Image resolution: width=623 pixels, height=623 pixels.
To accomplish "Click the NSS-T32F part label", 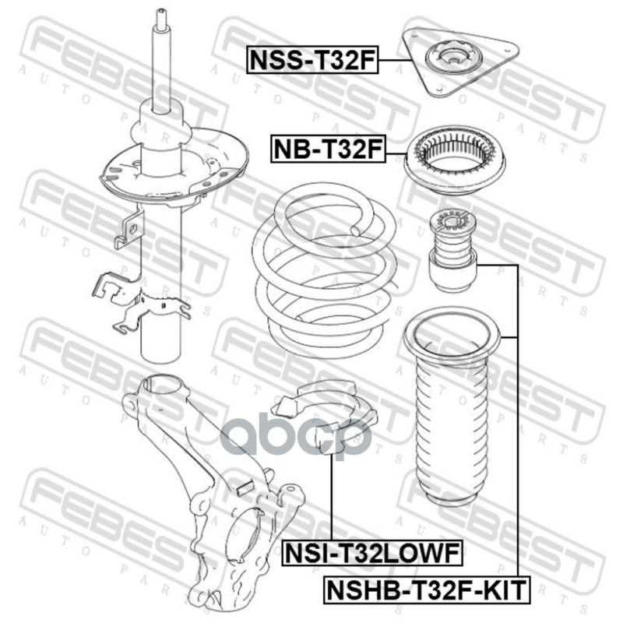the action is (312, 60).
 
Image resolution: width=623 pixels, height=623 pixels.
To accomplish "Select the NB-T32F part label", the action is (328, 149).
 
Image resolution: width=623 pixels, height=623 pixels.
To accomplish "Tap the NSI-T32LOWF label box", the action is (372, 553).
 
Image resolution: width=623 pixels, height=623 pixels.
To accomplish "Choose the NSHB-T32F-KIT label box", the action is (426, 590).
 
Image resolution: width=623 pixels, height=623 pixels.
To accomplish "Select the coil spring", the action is (325, 270).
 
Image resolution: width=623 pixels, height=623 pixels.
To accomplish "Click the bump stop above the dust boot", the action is (452, 251).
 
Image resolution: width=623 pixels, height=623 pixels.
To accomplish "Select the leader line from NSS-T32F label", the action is (395, 60).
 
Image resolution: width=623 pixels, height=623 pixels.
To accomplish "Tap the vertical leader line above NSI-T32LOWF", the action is (331, 497).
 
